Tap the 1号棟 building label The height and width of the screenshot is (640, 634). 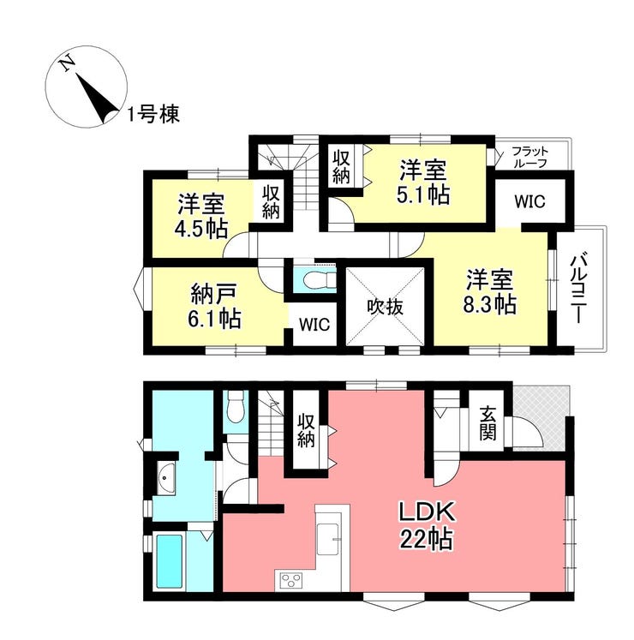pos(153,115)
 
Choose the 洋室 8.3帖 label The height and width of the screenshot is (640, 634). pos(490,291)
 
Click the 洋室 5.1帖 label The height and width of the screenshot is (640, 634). pos(423,181)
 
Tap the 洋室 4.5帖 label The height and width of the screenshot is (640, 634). pos(201,218)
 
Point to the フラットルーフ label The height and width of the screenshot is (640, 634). pos(529,156)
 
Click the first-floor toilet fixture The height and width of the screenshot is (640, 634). pos(236,412)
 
